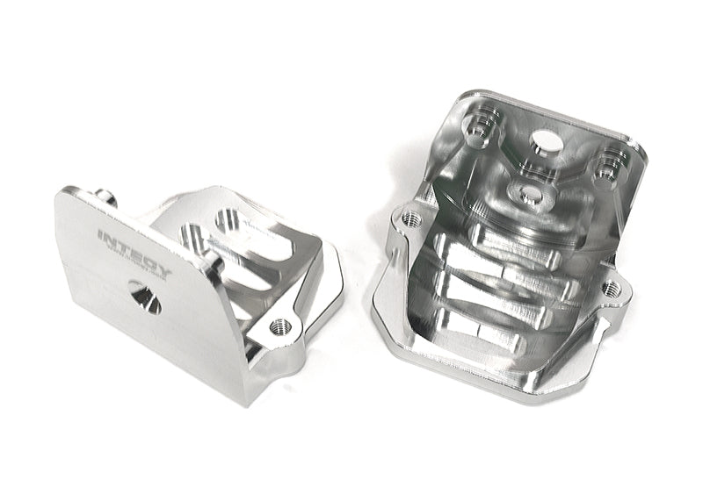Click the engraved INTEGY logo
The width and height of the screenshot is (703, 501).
coord(134,252)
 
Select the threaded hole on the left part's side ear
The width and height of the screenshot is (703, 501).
coord(280,325)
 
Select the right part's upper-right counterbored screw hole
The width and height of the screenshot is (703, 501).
coord(605,164)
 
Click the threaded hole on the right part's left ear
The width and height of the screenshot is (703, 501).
coord(409,215)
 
